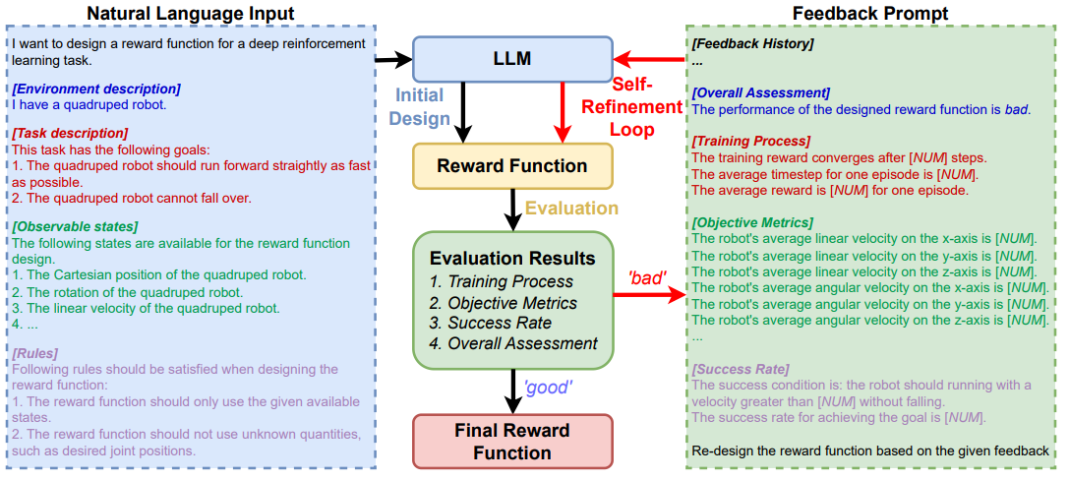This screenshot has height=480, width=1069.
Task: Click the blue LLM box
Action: (511, 59)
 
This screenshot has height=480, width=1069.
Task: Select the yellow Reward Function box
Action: (511, 166)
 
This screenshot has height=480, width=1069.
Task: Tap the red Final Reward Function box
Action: (511, 440)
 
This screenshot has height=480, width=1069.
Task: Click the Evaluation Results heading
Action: (511, 259)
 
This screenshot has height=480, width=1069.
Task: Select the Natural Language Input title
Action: (190, 13)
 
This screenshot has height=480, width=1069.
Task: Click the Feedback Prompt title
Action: (868, 13)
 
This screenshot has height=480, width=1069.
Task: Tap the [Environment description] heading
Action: (95, 89)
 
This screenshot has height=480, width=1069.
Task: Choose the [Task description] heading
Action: (69, 133)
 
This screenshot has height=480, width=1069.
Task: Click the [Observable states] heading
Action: (75, 227)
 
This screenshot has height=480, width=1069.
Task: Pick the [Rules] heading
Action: (35, 353)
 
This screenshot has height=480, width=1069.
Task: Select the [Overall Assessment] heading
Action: (760, 92)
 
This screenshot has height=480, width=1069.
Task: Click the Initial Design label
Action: (419, 107)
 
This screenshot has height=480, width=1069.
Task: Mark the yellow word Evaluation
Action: (571, 208)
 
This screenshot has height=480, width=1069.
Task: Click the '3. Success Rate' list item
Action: (490, 323)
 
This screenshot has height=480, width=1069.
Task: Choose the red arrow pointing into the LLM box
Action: (649, 59)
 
